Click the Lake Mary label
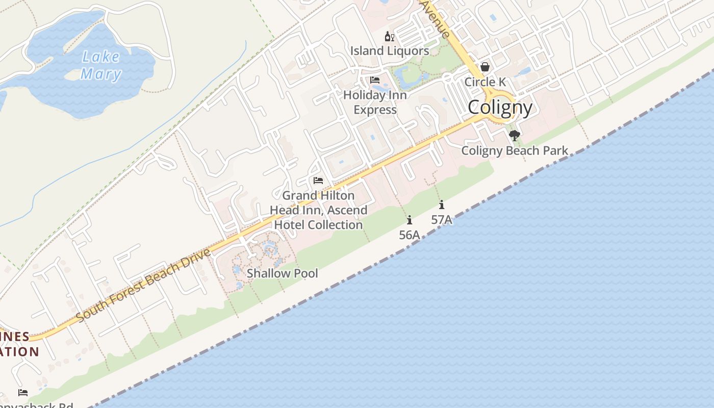[101, 65]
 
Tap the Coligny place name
[500, 108]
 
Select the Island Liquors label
[389, 51]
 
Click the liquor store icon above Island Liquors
[389, 37]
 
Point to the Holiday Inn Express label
[375, 103]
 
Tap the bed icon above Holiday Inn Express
[375, 80]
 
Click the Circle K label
[485, 82]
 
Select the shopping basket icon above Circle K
[485, 67]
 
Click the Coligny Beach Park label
[515, 151]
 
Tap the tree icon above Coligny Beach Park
[515, 136]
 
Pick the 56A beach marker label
[409, 235]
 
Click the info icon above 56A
[409, 220]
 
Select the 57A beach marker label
[442, 220]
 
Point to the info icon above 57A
[442, 205]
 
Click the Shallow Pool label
[282, 273]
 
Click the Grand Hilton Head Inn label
[318, 210]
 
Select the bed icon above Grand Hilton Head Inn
[318, 181]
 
